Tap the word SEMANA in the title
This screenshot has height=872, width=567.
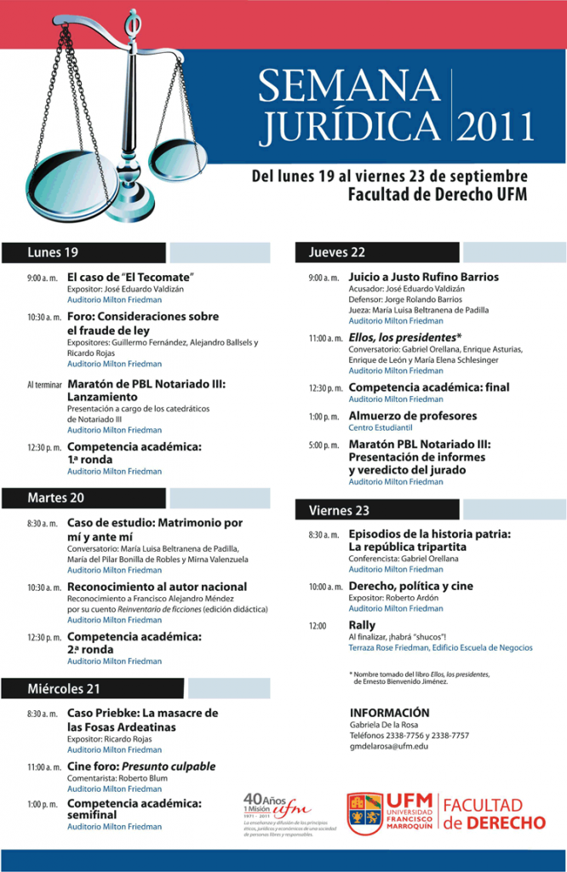click(x=350, y=88)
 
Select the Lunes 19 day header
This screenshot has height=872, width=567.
click(x=53, y=252)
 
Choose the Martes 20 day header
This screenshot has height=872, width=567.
click(x=56, y=497)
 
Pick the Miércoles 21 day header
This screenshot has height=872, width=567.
click(x=64, y=689)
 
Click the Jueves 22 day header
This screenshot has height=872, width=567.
click(x=337, y=252)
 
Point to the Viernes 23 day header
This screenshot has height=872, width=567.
click(x=339, y=510)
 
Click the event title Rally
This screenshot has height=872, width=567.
click(x=362, y=625)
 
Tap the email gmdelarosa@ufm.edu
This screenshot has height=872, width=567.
click(x=389, y=746)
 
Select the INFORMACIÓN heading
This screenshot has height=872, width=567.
click(x=389, y=713)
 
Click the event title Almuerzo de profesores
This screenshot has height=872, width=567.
click(x=413, y=416)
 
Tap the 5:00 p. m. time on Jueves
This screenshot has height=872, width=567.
click(x=324, y=445)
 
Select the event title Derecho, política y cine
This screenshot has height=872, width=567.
click(x=410, y=586)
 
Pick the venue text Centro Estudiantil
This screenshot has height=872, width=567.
click(x=381, y=427)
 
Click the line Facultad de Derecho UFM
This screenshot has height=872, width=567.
click(x=437, y=194)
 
